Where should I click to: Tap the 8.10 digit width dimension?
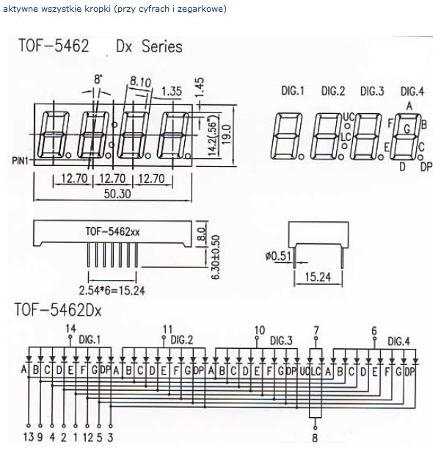(140, 81)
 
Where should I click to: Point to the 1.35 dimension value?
(171, 91)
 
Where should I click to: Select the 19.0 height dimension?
(227, 134)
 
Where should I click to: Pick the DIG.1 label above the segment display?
(292, 91)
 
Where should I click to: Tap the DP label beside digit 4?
(426, 167)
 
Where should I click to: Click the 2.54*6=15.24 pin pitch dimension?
(112, 289)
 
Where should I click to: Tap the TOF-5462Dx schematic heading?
(58, 310)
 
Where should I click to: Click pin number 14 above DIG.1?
(70, 328)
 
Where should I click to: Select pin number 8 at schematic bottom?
(316, 439)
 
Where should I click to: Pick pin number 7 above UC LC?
(316, 329)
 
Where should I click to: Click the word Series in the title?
(158, 47)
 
